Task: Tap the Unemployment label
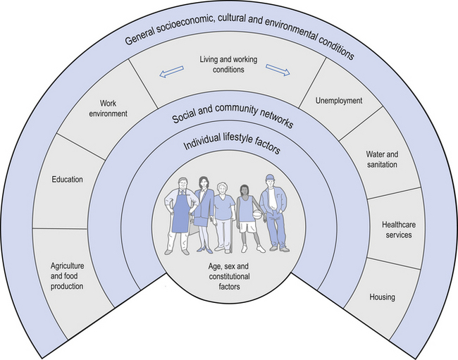(x=339, y=101)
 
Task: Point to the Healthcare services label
(x=397, y=230)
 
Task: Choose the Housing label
(x=382, y=297)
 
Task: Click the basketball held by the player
(x=257, y=214)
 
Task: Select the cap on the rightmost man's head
(x=273, y=178)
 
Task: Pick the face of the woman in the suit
(x=204, y=183)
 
